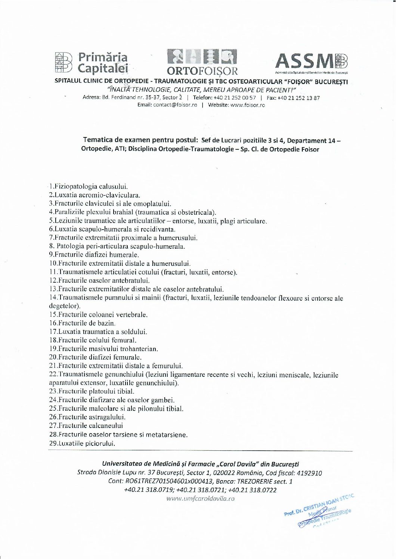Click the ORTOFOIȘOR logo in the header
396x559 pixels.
(202, 62)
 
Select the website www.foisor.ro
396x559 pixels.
(248, 105)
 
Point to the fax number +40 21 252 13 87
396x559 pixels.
(299, 98)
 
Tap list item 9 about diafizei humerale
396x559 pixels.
(94, 255)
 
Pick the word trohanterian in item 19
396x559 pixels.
(139, 349)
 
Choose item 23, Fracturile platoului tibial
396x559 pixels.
(92, 391)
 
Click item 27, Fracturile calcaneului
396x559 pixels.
(86, 426)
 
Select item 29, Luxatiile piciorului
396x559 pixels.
(82, 444)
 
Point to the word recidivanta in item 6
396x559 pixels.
(158, 229)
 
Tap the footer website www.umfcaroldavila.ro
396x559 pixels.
(201, 499)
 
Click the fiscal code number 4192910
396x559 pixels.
(309, 473)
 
